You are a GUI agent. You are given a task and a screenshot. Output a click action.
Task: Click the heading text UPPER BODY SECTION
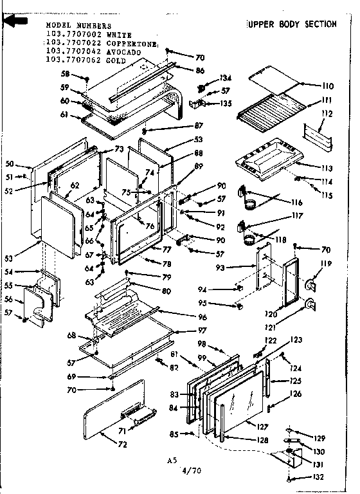click(x=292, y=24)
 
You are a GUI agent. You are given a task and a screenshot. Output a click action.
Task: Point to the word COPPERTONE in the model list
click(x=134, y=43)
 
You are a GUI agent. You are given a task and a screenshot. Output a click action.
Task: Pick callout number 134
click(x=226, y=79)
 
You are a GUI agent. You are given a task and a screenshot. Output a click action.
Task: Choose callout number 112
click(x=328, y=114)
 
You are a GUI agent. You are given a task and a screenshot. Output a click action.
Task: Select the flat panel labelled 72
click(x=113, y=412)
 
